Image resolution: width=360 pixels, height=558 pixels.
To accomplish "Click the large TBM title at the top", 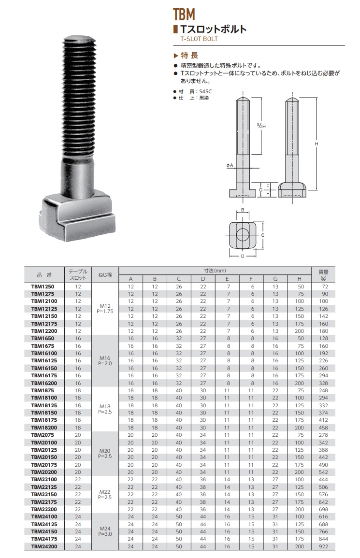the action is [x=184, y=14].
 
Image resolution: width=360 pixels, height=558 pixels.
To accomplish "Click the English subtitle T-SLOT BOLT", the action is [x=199, y=39].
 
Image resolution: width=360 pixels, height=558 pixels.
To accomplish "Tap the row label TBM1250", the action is [x=43, y=286].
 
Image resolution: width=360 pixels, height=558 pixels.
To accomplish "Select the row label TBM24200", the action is [x=44, y=546].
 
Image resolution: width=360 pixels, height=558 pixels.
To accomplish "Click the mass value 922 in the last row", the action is [x=323, y=546].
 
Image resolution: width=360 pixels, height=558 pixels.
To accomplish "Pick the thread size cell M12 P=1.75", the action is [x=105, y=309].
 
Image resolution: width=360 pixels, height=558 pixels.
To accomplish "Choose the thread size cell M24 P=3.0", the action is [x=105, y=531].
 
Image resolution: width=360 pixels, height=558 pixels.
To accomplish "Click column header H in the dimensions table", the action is [x=300, y=279].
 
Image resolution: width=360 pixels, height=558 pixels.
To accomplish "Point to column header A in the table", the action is [x=130, y=279].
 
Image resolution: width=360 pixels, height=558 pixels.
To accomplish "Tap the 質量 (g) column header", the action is [x=323, y=275].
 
